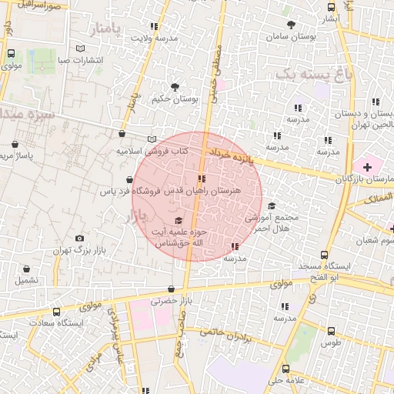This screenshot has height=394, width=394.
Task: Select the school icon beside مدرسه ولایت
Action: tap(156, 25)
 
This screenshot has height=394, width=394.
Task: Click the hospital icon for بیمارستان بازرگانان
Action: tap(367, 166)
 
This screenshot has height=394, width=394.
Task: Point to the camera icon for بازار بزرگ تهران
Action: tap(79, 239)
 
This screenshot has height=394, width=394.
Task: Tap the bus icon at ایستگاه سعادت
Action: tap(56, 312)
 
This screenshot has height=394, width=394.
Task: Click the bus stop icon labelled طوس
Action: tap(331, 329)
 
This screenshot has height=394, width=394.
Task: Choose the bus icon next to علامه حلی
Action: tap(286, 369)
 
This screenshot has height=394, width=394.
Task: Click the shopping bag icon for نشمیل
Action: tap(28, 269)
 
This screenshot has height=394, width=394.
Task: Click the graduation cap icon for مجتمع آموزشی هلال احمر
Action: tap(271, 206)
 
